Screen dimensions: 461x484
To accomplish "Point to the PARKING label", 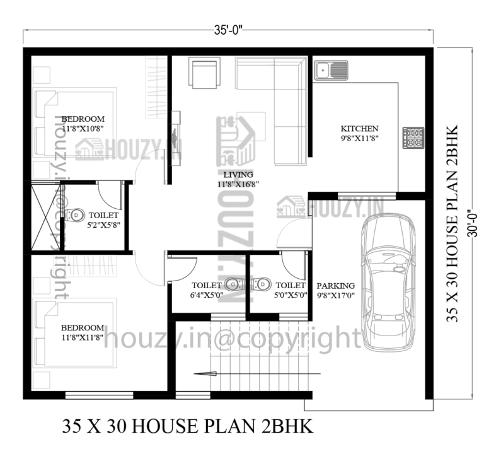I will click(335, 285).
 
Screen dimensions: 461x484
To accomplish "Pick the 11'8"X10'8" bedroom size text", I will click(83, 129).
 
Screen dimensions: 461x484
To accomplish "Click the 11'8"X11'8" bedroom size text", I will click(83, 337).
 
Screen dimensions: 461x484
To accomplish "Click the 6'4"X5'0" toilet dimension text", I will click(207, 295).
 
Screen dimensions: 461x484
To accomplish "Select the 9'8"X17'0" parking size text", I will click(335, 295).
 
